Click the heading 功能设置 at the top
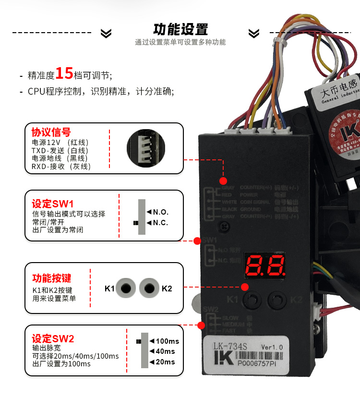tap(180, 29)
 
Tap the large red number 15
tap(64, 73)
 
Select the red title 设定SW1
tap(52, 203)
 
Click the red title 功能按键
tap(51, 278)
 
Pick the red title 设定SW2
tap(53, 338)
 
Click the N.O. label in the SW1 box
tap(161, 212)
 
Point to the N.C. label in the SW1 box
tap(161, 223)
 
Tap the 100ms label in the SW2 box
tap(167, 341)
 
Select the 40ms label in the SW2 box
tap(165, 351)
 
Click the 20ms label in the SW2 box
tap(165, 362)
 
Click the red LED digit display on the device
tap(266, 265)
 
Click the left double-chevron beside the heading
tap(106, 33)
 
